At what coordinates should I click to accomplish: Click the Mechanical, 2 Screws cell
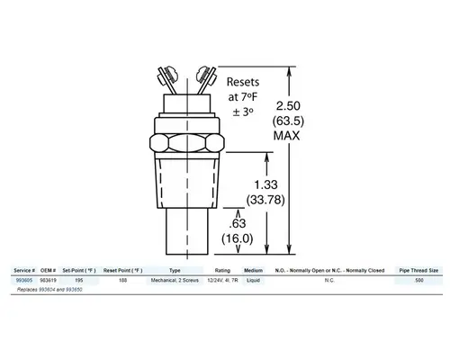175,280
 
